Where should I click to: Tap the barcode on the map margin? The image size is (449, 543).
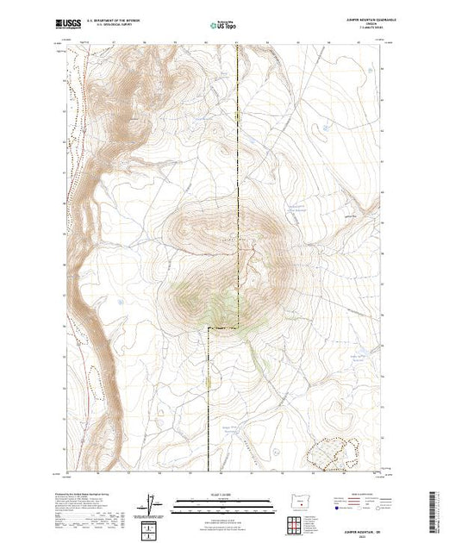pyautogui.click(x=434, y=509)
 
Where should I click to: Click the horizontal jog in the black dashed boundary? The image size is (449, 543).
pyautogui.click(x=223, y=328)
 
